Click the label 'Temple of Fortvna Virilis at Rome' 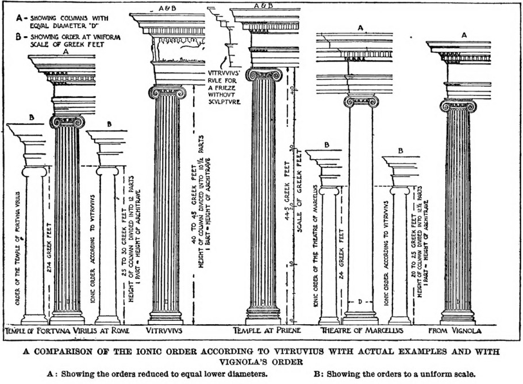tap(67, 331)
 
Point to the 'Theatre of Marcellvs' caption tap(361, 331)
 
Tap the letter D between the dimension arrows tap(359, 301)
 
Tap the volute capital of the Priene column tap(263, 75)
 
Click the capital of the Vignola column tap(457, 106)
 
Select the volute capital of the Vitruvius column tap(167, 92)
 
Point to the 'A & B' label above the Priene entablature tap(263, 6)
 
